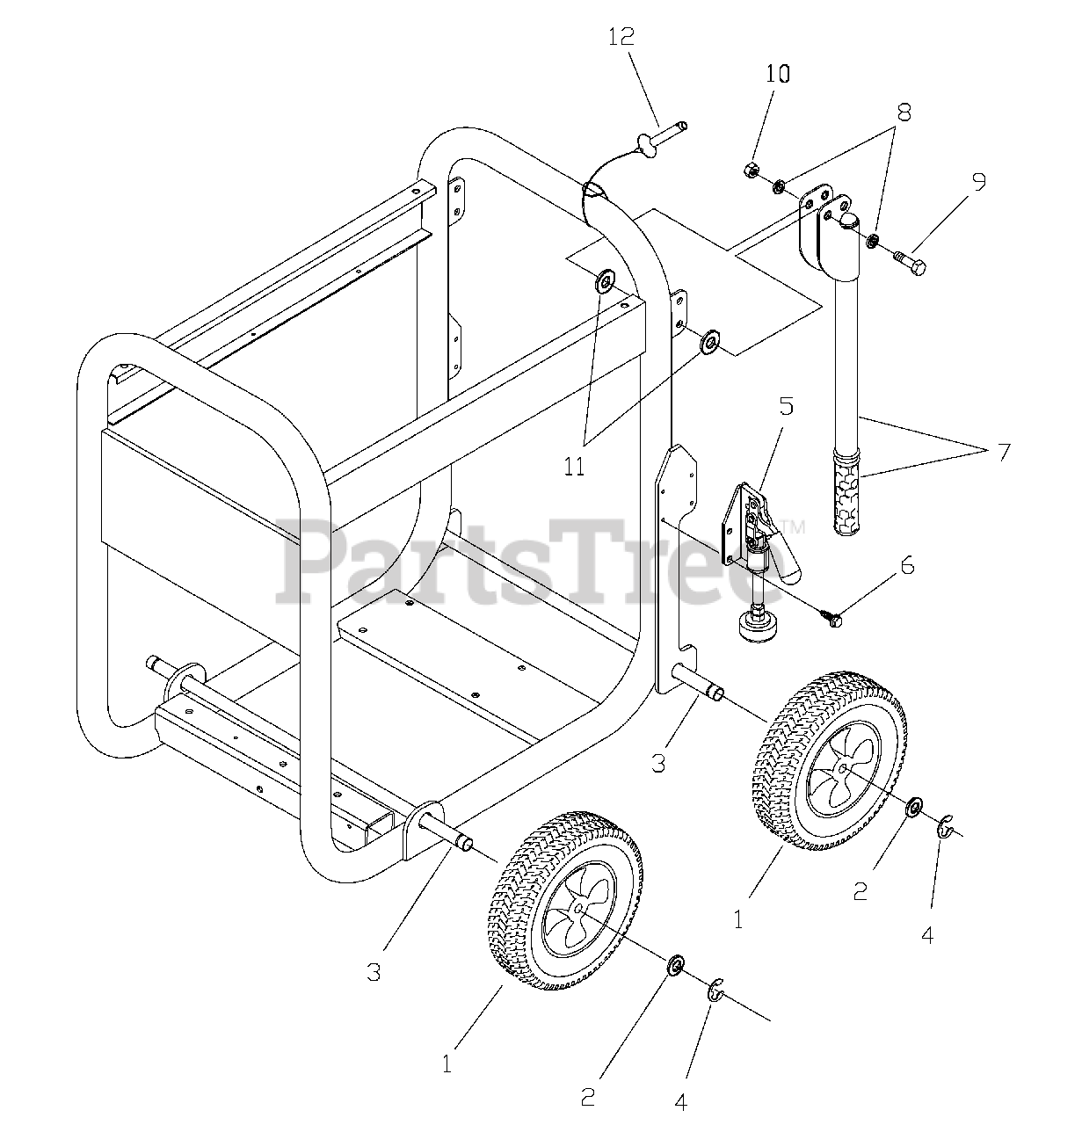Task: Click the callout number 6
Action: [907, 565]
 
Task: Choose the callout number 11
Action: [574, 467]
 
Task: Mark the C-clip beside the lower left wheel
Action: [716, 990]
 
